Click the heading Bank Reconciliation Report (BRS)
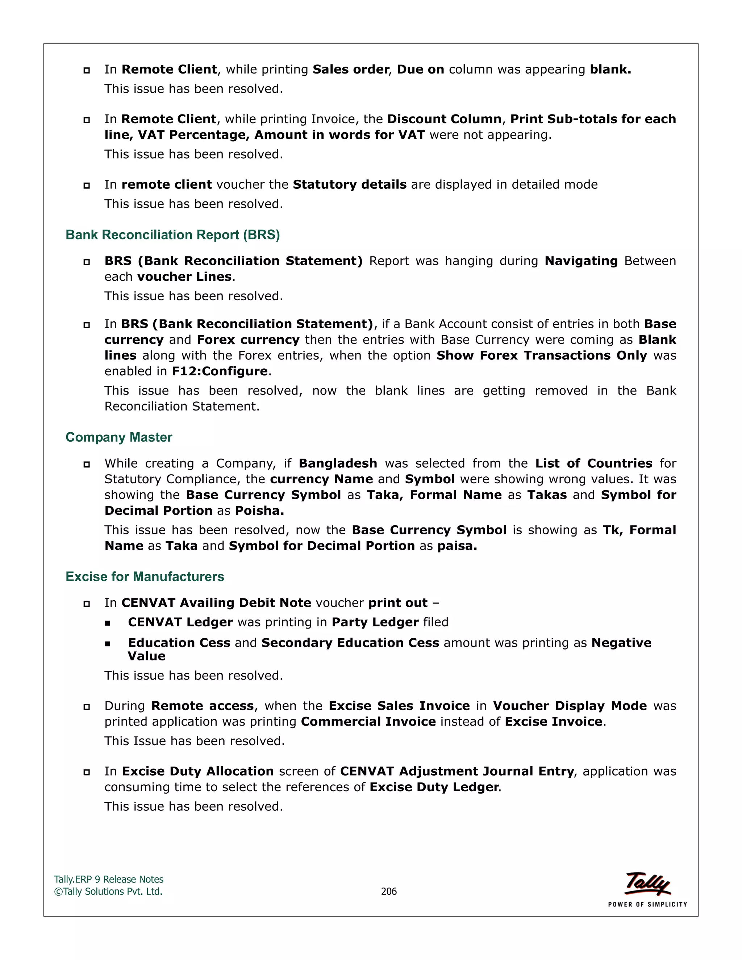click(x=172, y=235)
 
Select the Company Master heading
click(x=119, y=437)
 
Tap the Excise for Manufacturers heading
click(x=145, y=576)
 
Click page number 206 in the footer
click(x=389, y=891)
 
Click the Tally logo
click(x=648, y=884)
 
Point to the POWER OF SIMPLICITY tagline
click(x=647, y=904)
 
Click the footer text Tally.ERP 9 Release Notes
click(x=109, y=879)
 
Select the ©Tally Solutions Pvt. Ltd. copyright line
click(x=108, y=891)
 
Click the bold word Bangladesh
click(x=338, y=463)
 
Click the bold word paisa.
click(x=457, y=546)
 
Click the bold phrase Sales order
click(x=351, y=70)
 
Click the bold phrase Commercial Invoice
click(x=368, y=721)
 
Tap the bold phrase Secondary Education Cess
click(x=350, y=643)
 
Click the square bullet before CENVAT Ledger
click(x=108, y=623)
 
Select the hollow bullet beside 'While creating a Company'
click(x=87, y=464)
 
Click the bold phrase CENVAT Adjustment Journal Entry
click(x=457, y=771)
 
